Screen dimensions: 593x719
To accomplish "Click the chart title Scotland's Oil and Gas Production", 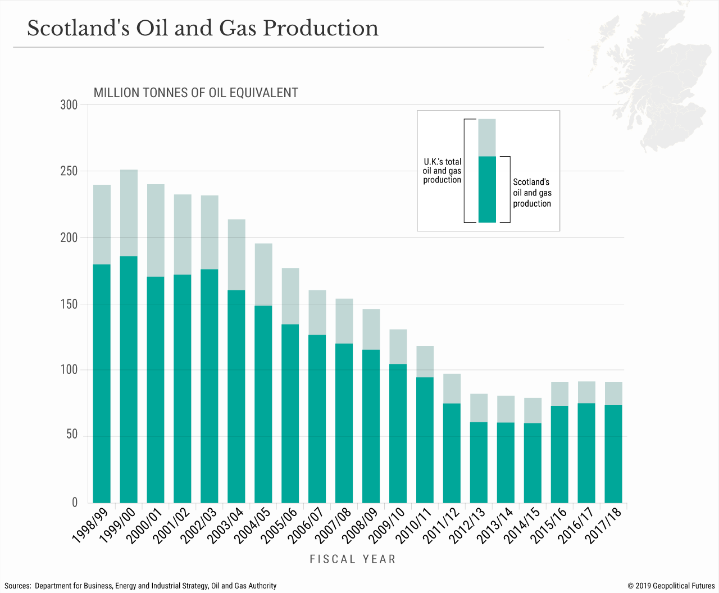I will pyautogui.click(x=203, y=28).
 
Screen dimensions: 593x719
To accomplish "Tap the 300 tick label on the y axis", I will pyautogui.click(x=69, y=105).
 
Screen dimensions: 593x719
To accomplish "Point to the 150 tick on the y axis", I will pyautogui.click(x=69, y=304).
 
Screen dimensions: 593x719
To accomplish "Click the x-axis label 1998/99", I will pyautogui.click(x=90, y=526).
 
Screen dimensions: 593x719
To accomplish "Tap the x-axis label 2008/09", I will pyautogui.click(x=359, y=526).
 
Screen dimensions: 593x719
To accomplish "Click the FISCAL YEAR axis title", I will pyautogui.click(x=353, y=559).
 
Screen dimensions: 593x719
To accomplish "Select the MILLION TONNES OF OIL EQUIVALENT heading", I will pyautogui.click(x=195, y=93).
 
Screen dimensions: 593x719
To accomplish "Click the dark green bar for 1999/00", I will pyautogui.click(x=129, y=379).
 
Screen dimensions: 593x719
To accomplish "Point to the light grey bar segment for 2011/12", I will pyautogui.click(x=452, y=389).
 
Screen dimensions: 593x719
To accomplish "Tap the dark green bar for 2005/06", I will pyautogui.click(x=290, y=413).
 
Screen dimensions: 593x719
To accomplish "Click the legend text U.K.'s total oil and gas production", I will pyautogui.click(x=442, y=171).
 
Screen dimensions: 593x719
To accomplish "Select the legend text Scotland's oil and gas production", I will pyautogui.click(x=532, y=193).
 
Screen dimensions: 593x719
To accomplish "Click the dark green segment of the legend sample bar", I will pyautogui.click(x=487, y=189).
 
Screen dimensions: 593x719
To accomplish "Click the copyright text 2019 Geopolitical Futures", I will pyautogui.click(x=671, y=586).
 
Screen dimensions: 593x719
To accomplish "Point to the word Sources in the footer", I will pyautogui.click(x=17, y=586).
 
